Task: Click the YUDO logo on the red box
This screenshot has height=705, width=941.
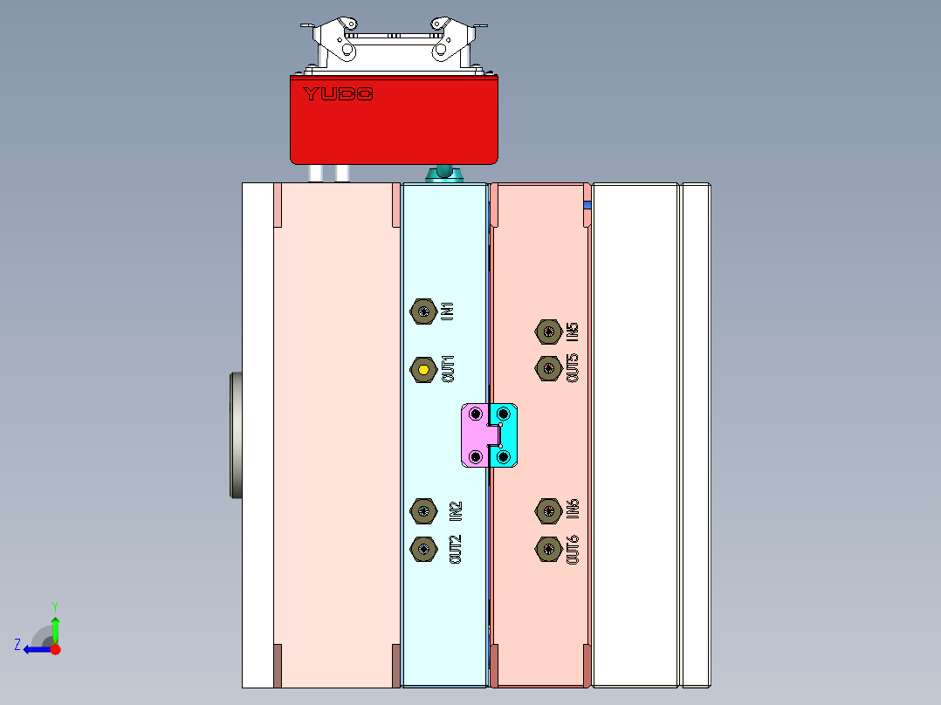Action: click(x=339, y=93)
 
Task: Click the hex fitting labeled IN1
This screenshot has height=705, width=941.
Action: click(x=423, y=311)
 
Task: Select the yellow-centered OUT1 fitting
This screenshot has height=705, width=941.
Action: click(x=423, y=370)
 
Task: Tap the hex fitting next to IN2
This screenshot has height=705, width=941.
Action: click(x=423, y=509)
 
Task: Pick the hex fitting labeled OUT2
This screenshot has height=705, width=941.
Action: click(x=423, y=548)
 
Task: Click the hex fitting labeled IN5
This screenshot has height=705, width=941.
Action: click(x=547, y=331)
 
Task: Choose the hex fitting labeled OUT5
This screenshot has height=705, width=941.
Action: click(x=547, y=368)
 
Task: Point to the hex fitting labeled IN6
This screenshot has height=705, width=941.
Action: click(x=547, y=509)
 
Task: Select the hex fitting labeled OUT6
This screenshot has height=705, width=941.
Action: click(x=547, y=548)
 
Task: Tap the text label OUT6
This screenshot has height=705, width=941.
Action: click(x=574, y=549)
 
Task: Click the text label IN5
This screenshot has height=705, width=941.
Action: click(x=573, y=331)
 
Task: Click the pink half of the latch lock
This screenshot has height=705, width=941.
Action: click(x=477, y=435)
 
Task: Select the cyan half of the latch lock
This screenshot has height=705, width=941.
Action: click(x=506, y=435)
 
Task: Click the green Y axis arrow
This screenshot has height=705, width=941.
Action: click(x=55, y=626)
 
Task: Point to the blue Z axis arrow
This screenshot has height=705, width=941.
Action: click(x=35, y=649)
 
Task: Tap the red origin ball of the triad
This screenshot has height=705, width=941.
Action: click(x=55, y=649)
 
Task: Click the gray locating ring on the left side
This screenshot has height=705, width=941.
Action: click(x=235, y=435)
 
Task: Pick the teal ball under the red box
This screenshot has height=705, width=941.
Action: click(x=443, y=170)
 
